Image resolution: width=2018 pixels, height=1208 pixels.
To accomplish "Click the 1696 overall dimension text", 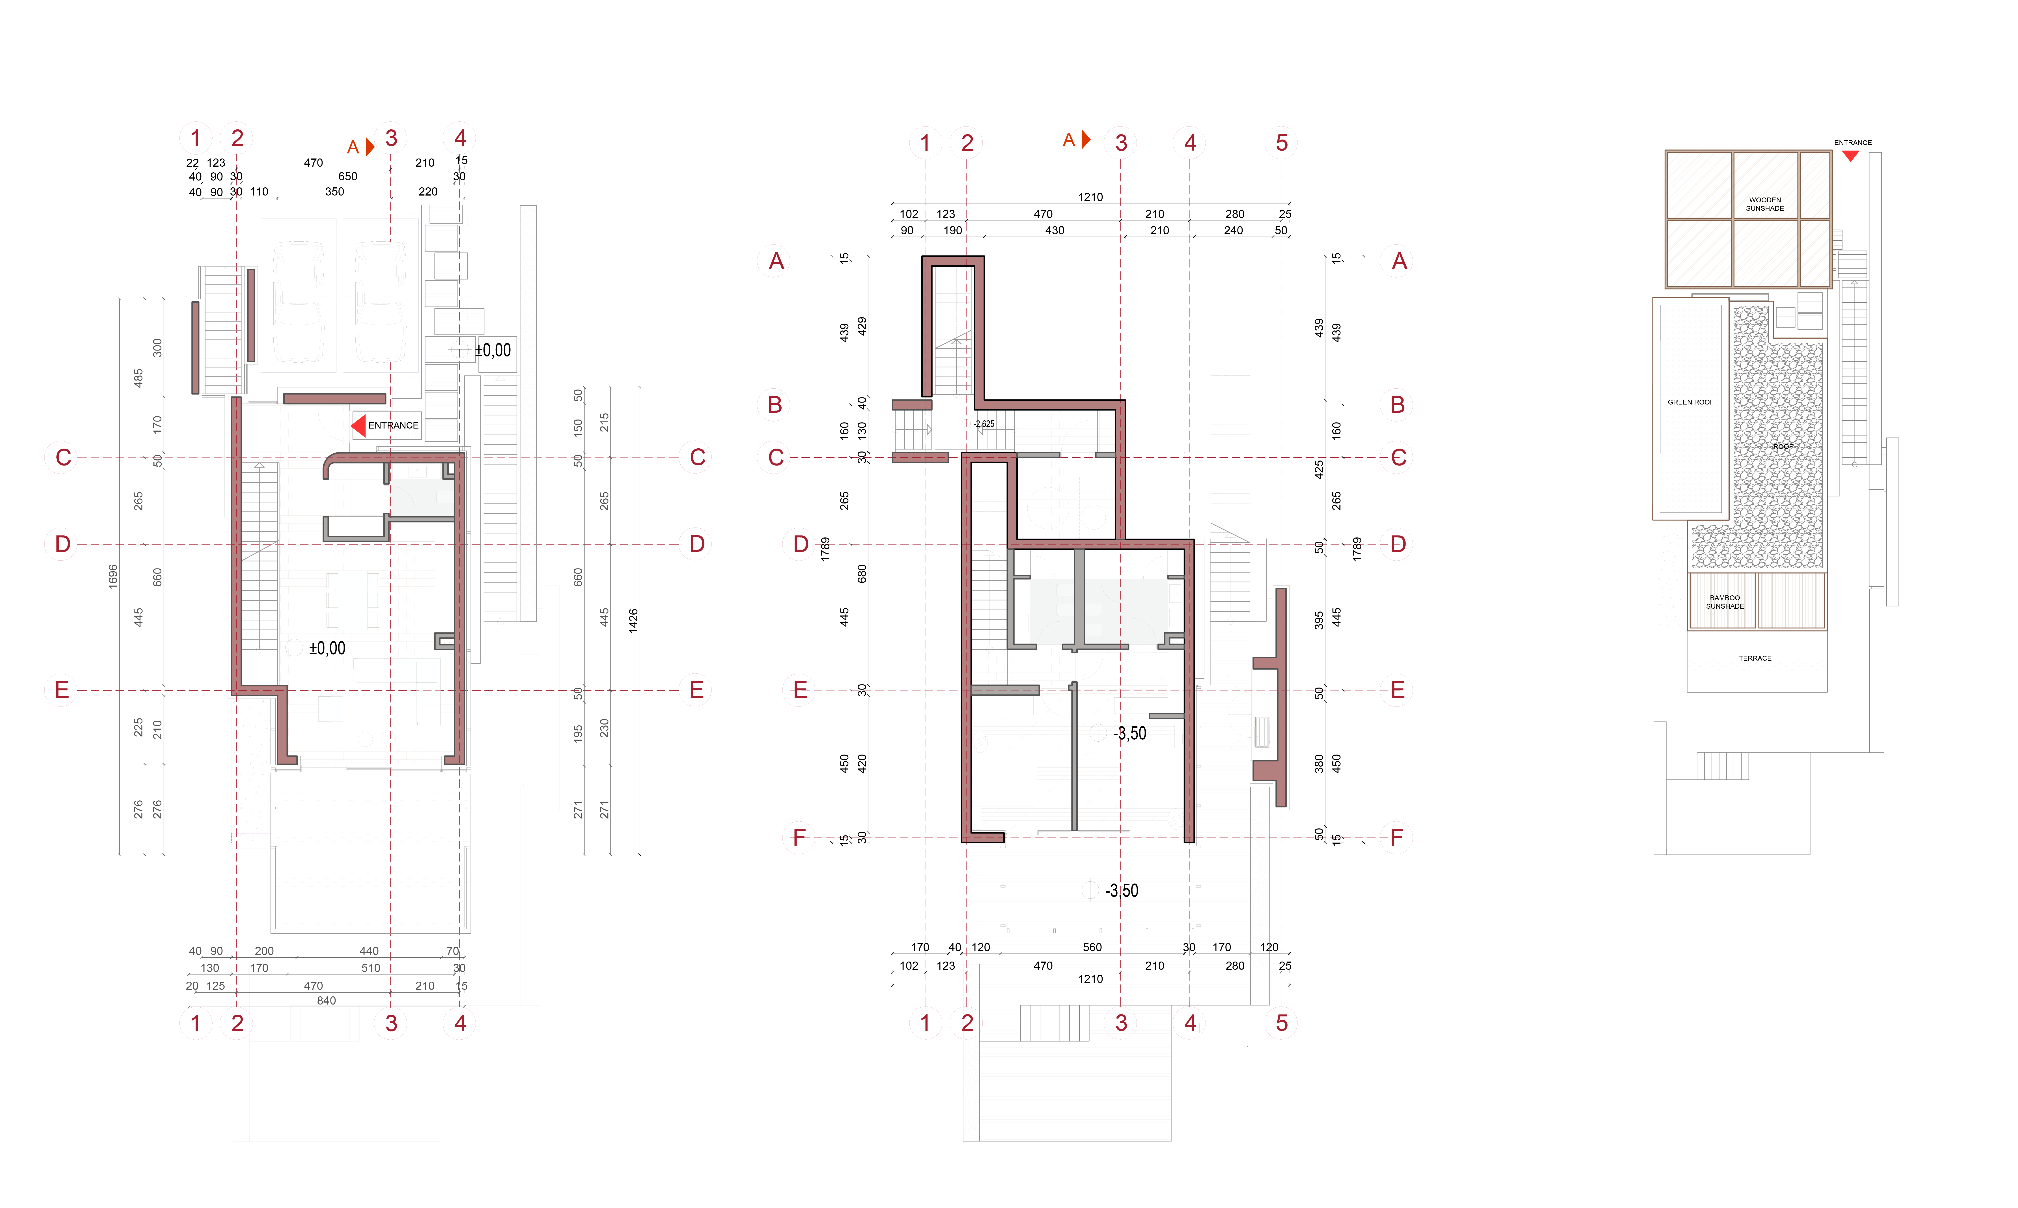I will pyautogui.click(x=113, y=576).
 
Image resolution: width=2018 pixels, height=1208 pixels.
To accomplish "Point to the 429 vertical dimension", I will pyautogui.click(x=862, y=326).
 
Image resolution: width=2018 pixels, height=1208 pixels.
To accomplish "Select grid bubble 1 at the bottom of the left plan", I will pyautogui.click(x=195, y=1023).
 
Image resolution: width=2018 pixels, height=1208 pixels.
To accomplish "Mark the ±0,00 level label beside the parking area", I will pyautogui.click(x=493, y=350).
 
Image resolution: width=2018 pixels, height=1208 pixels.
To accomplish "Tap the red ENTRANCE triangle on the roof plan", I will pyautogui.click(x=1850, y=155).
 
